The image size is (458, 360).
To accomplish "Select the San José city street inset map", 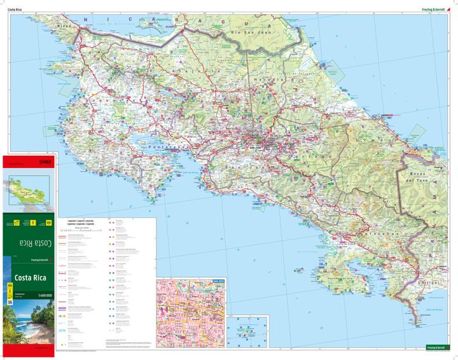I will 190,314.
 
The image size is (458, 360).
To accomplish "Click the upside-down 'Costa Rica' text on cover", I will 31,242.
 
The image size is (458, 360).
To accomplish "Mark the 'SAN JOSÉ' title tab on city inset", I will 218,280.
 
